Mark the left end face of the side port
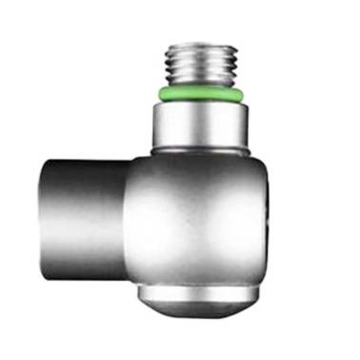click(x=44, y=214)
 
